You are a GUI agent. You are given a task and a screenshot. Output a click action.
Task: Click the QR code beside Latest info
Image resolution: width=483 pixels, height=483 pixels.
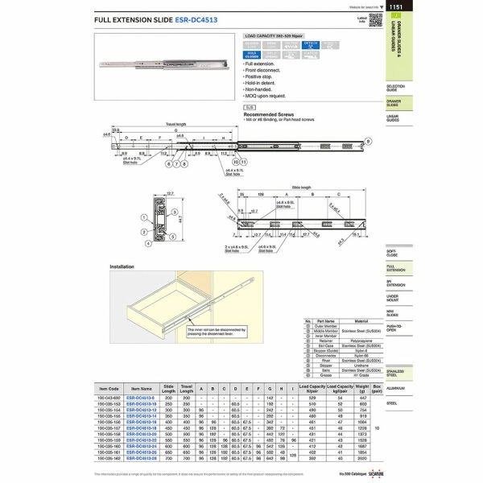pos(375,19)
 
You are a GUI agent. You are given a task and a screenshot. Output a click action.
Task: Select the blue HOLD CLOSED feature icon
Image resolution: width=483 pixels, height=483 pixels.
pos(251,55)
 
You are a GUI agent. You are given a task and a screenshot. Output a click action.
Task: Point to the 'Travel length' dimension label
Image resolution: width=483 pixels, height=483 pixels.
pos(175,125)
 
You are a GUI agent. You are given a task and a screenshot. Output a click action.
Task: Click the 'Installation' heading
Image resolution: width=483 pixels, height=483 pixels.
pos(122,266)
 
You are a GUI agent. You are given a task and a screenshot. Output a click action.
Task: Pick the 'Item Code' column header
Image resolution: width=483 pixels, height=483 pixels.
pos(109,389)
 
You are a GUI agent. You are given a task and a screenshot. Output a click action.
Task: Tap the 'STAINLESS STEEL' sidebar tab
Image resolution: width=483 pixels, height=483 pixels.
pos(396,372)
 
